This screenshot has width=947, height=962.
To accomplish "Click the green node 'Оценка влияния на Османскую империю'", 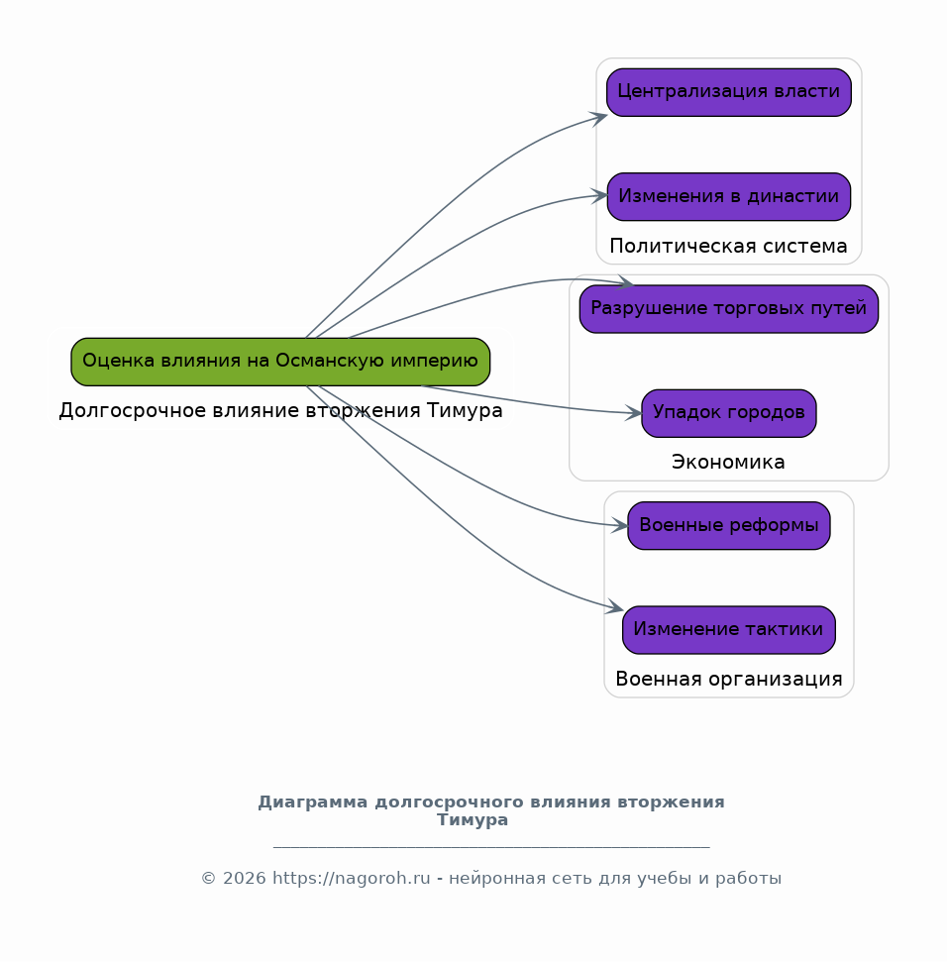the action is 280,362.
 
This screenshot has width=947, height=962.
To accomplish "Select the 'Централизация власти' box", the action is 729,92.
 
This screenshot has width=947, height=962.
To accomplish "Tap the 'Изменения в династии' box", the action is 729,196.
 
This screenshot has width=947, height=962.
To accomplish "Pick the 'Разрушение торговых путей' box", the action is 729,308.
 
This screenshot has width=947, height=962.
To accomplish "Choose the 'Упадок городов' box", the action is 729,413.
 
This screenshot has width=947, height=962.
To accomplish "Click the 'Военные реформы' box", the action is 729,525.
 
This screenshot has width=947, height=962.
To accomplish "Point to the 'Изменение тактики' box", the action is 729,629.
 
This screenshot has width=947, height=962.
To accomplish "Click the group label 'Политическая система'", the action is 728,246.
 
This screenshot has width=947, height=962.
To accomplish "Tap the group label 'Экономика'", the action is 728,462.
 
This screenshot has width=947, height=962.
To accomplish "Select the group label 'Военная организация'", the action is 729,680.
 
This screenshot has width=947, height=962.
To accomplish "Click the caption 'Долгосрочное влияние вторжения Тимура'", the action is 280,410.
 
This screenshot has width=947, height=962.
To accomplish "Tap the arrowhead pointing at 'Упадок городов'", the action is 634,412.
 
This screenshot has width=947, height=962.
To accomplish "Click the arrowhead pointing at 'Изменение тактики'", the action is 615,606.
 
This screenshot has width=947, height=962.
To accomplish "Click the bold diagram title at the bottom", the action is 490,810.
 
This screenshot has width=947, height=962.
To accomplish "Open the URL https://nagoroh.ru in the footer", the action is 352,878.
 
